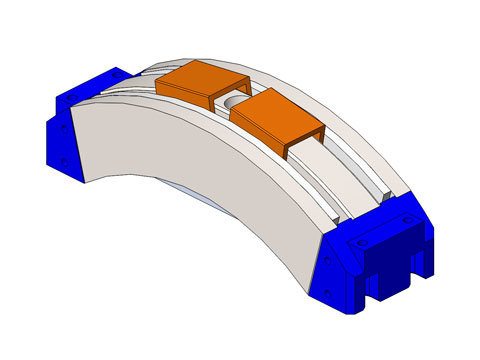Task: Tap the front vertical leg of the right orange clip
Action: [285, 148]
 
